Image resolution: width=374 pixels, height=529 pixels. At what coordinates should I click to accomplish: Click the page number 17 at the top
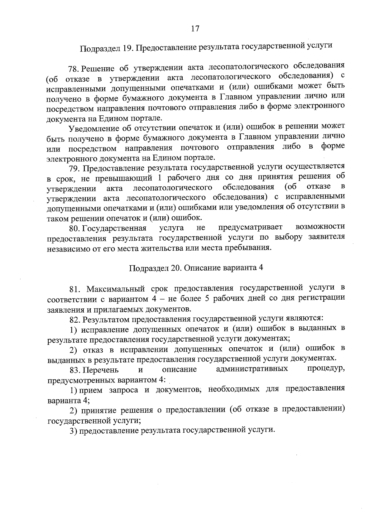(195, 29)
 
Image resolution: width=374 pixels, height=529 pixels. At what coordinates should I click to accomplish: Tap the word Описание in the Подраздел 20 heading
(202, 268)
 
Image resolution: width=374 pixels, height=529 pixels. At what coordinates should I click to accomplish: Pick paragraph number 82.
(75, 319)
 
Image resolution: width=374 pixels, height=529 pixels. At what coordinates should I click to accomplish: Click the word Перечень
(101, 370)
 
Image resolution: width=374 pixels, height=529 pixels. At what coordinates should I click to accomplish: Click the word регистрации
(325, 298)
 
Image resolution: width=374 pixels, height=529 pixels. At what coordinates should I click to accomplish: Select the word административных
(252, 369)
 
